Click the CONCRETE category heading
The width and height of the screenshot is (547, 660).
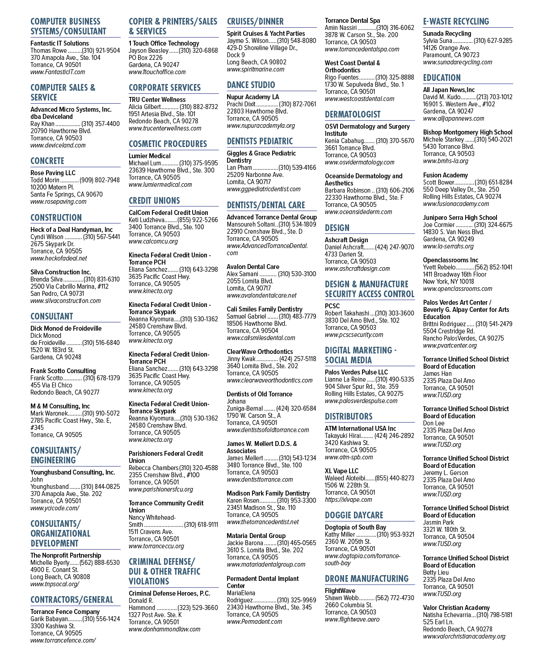click(47, 161)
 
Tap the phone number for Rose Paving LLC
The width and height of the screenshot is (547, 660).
click(100, 180)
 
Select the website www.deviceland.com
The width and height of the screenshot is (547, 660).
click(58, 145)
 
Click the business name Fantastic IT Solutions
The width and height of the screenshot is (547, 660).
click(59, 43)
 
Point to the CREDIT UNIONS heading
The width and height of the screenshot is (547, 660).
click(154, 201)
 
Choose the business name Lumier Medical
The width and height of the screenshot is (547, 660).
click(149, 156)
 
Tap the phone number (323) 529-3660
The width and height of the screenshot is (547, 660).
click(198, 608)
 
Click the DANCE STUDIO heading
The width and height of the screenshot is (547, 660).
click(251, 85)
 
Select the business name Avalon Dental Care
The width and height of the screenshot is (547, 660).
click(253, 267)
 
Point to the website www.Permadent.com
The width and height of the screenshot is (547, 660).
click(254, 622)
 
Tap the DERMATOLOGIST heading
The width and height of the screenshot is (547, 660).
click(353, 114)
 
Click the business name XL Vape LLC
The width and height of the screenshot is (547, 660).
click(341, 471)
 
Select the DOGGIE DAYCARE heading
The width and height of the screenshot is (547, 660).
click(354, 515)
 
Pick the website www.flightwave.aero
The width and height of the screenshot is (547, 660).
click(352, 619)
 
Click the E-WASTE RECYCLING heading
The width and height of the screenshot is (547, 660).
click(456, 21)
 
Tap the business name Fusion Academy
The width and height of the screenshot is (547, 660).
click(445, 175)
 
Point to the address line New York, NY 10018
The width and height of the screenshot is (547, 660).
click(448, 282)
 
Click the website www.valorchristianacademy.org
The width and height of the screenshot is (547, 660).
click(464, 636)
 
